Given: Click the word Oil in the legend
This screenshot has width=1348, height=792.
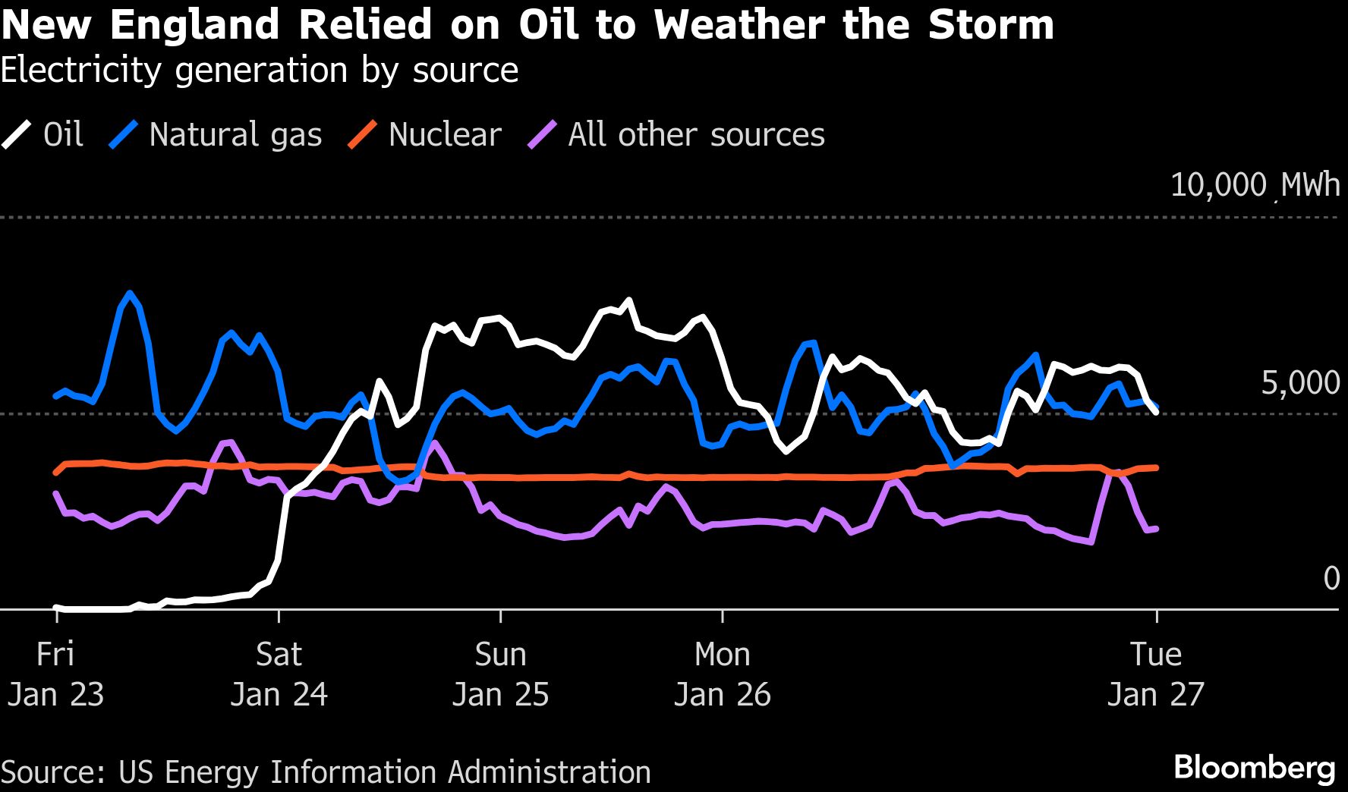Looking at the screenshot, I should pos(63,135).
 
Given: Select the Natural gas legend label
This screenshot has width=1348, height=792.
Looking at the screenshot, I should pos(235,135).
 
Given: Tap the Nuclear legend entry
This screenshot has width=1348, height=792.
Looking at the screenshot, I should pos(445,135).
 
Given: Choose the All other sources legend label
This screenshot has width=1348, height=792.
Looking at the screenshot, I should pos(696,135).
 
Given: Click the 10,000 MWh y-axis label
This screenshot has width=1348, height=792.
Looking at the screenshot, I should pos(1255,185).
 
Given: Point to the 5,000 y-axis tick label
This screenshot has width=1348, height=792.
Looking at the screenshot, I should pos(1300,383).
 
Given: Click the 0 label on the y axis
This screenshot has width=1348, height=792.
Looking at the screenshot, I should pos(1331,579).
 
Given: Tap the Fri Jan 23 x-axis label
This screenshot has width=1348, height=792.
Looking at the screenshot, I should pos(55,674).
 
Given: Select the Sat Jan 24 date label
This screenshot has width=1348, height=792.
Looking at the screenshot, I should pos(279,674).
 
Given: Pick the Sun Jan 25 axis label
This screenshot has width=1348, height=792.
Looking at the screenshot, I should pos(500,674).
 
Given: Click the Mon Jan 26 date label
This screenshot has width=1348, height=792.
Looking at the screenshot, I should pos(723,674).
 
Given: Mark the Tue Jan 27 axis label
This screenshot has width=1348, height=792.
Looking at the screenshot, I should pos(1156,674).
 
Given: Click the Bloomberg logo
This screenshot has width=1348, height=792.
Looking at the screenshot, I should pos(1254,768).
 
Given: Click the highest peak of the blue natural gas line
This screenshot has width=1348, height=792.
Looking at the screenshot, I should pos(131,293).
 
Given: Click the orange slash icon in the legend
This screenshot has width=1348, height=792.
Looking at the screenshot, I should pos(362,135).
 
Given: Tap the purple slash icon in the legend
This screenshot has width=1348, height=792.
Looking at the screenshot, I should pos(542,135).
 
